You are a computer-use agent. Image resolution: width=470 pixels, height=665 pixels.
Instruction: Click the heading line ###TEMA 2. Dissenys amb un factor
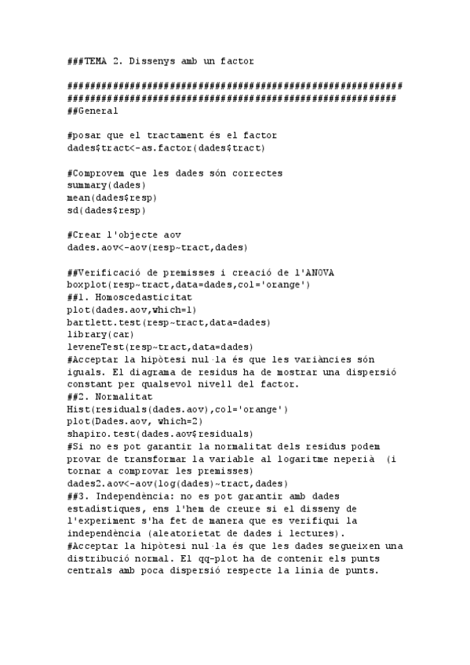click(160, 60)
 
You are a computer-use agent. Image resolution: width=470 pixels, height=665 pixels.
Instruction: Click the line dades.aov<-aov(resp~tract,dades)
click(157, 247)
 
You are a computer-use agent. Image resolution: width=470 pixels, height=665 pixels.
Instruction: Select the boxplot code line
click(188, 285)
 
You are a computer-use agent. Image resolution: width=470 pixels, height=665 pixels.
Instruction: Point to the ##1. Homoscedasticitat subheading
click(129, 297)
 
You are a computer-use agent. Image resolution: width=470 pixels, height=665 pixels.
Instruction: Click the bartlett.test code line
click(169, 322)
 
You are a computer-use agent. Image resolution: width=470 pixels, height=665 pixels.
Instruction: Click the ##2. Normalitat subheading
click(110, 397)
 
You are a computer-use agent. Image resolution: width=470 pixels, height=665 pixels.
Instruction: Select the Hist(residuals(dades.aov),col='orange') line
click(177, 409)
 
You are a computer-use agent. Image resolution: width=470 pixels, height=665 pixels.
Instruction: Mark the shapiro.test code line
click(160, 434)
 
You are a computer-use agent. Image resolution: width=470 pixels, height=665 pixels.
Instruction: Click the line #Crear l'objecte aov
click(124, 234)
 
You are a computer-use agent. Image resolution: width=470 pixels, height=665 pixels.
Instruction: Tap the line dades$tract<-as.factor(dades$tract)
click(166, 147)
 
